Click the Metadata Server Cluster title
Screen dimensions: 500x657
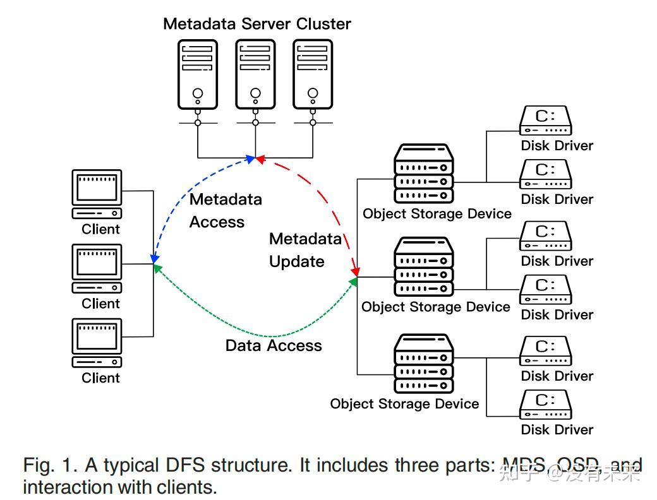click(x=256, y=24)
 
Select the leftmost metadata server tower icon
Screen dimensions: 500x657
click(x=198, y=74)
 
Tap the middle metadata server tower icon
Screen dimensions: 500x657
click(x=255, y=74)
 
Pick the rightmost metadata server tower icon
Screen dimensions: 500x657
click(x=312, y=74)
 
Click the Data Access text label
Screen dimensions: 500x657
click(x=274, y=345)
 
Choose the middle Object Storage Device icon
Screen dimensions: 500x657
click(x=424, y=266)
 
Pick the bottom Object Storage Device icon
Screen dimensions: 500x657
click(x=424, y=363)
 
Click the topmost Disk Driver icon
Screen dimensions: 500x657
click(x=545, y=120)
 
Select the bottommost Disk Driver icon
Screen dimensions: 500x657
click(x=545, y=404)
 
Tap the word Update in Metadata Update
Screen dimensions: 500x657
click(x=296, y=261)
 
